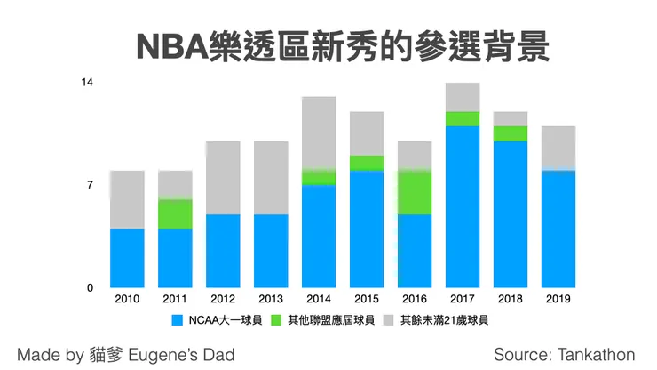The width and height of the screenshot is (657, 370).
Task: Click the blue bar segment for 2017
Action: (x=462, y=206)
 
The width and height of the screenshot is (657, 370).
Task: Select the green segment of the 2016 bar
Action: (x=414, y=192)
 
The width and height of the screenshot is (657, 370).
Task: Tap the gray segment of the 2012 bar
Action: (x=223, y=177)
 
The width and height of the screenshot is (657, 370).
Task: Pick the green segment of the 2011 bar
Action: (x=175, y=213)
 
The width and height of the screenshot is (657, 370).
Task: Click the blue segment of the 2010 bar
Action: (x=127, y=258)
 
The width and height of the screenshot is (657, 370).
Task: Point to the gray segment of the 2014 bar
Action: (x=318, y=132)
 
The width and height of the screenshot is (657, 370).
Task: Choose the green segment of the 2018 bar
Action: (x=510, y=133)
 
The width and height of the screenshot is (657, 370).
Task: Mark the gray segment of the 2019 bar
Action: (x=558, y=148)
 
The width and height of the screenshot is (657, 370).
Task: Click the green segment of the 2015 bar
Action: (x=366, y=162)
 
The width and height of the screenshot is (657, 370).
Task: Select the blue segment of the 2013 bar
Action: (x=271, y=251)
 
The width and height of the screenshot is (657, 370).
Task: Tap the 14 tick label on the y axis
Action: (x=87, y=83)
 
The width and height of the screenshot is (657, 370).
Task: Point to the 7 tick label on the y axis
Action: (x=91, y=185)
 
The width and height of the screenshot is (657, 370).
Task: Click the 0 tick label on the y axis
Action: (x=91, y=288)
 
